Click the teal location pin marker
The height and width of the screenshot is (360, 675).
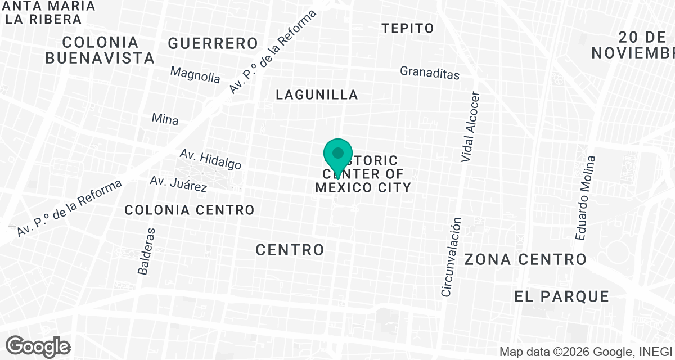click(338, 156)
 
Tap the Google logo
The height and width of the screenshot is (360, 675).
click(38, 346)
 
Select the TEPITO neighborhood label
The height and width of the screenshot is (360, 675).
click(408, 28)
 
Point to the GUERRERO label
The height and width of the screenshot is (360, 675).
click(213, 43)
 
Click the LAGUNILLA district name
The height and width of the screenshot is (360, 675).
click(317, 94)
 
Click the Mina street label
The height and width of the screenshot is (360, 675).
click(165, 119)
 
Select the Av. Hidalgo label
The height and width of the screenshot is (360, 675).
click(210, 159)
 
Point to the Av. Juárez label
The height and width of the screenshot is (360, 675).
click(178, 183)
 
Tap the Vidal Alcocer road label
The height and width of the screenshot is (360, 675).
click(471, 127)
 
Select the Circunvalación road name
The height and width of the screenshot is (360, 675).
click(452, 257)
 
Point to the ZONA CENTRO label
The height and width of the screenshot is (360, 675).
click(525, 259)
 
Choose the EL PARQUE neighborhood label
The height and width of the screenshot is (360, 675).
click(561, 296)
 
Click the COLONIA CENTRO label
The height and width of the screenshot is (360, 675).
click(190, 210)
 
